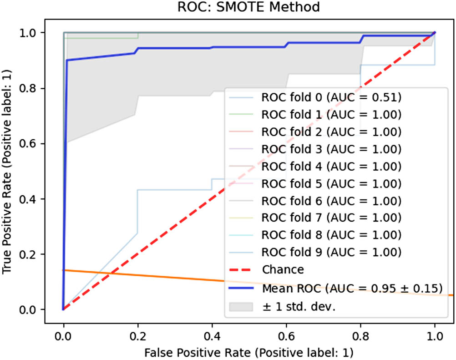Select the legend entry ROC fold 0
(x=331, y=98)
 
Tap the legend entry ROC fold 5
(x=331, y=184)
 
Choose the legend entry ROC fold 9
(x=331, y=252)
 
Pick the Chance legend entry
(x=283, y=269)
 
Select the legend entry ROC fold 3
(x=331, y=149)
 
